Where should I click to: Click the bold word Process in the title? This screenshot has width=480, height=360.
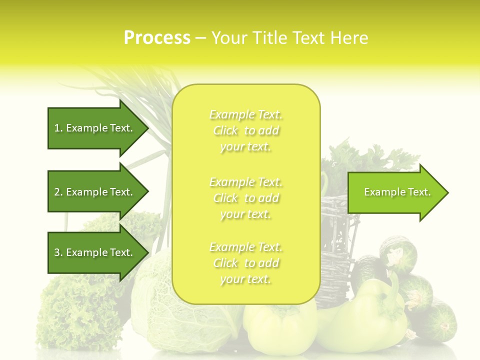(x=157, y=38)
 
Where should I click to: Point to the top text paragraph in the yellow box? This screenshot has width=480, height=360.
(x=246, y=130)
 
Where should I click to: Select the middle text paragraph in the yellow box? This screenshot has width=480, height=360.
(x=246, y=198)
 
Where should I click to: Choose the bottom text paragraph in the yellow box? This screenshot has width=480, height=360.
(x=246, y=263)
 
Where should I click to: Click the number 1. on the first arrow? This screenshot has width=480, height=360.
(x=58, y=128)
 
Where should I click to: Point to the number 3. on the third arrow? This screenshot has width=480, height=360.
(x=58, y=252)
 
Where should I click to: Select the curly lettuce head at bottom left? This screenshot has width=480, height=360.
(x=75, y=310)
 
